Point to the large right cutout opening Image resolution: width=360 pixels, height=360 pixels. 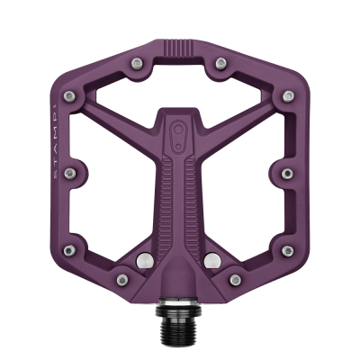point(243,162)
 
